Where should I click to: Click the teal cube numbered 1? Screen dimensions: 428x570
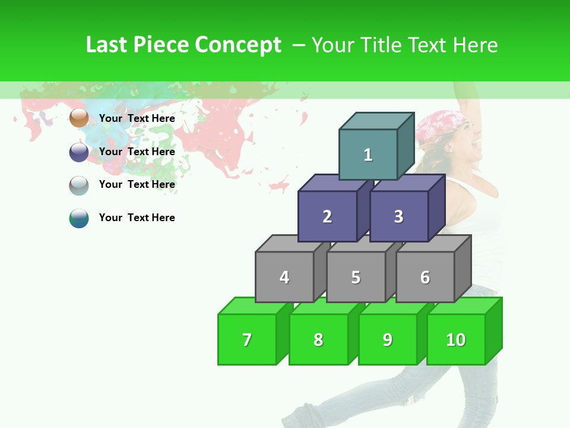[368, 155]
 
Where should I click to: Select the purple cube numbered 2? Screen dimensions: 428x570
[327, 216]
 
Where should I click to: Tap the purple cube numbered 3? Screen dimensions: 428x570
[398, 216]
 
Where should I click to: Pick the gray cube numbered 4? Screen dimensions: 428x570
[284, 277]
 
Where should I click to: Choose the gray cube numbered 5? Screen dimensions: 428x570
[356, 277]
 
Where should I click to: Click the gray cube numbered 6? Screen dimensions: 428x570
[425, 277]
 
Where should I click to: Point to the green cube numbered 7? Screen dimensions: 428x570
[247, 339]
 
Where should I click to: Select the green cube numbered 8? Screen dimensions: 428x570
[318, 339]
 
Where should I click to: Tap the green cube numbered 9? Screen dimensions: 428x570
[388, 339]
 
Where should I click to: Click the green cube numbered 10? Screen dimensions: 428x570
[456, 339]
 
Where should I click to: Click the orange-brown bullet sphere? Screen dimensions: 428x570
[79, 118]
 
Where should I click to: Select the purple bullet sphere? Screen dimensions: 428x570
[79, 152]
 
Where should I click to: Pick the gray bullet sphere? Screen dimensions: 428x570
[79, 185]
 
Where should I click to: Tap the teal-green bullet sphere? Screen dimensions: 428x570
[79, 218]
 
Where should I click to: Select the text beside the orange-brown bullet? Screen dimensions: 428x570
[137, 118]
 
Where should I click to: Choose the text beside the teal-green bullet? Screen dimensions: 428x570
[137, 218]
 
